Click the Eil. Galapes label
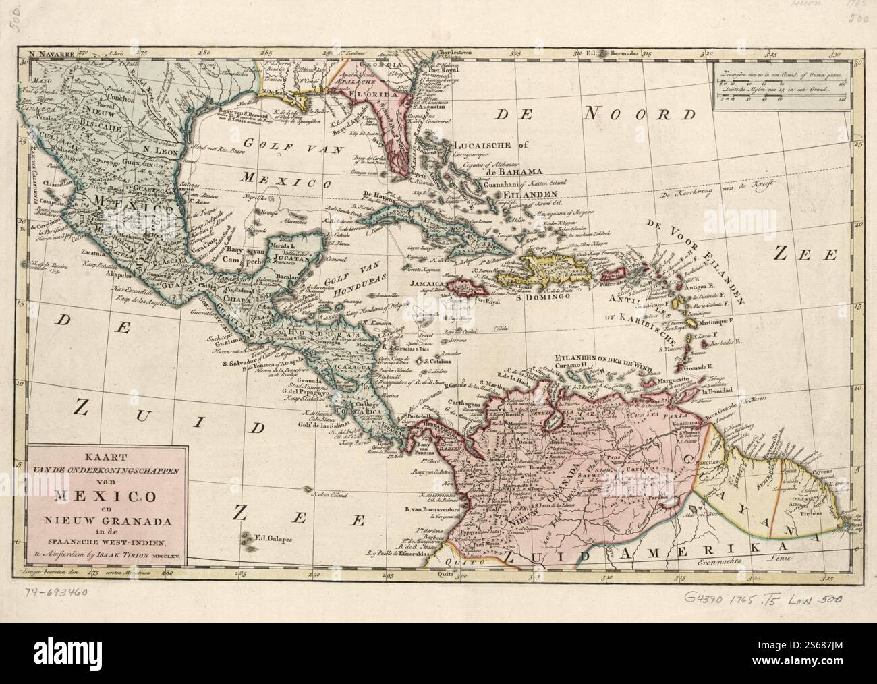click(x=268, y=538)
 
